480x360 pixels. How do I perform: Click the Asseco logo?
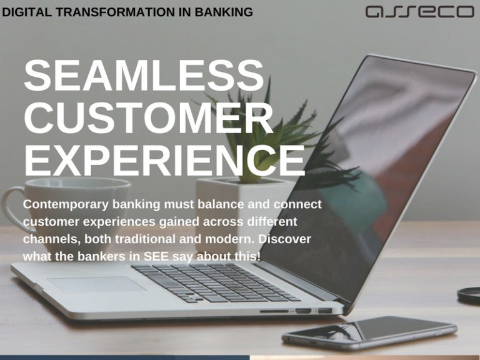click(419, 12)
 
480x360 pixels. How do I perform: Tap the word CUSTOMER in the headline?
click(149, 117)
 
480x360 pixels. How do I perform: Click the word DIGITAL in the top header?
click(24, 12)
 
